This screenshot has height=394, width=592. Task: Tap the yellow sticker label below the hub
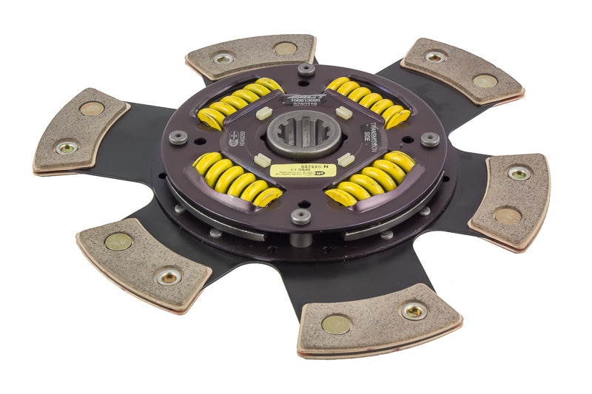[303, 170]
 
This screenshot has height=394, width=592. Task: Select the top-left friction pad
[252, 56]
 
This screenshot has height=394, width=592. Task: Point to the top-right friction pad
[462, 69]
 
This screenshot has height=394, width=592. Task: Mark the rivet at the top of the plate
[305, 69]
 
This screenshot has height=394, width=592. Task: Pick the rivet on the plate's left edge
[178, 137]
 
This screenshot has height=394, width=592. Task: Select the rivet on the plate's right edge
[430, 138]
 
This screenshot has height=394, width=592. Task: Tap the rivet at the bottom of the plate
[300, 216]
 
